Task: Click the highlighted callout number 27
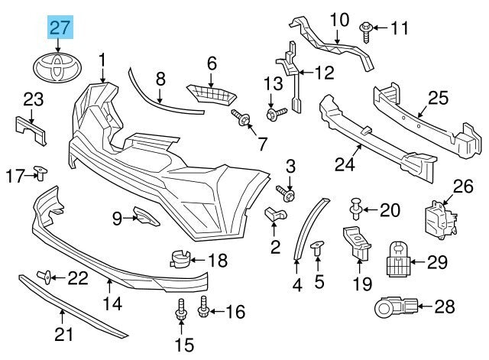[x=60, y=29]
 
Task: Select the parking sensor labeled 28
[x=391, y=307]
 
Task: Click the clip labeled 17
[x=41, y=174]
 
